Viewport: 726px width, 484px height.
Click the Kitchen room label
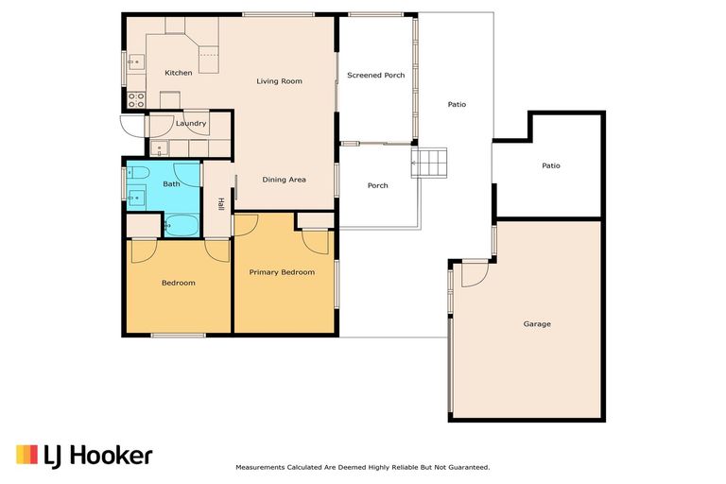[x=179, y=73]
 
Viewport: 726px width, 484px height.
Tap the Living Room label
[x=279, y=81]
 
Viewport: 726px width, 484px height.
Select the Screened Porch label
[x=376, y=75]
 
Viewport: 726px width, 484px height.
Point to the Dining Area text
[x=284, y=180]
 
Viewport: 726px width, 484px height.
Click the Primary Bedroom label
[x=282, y=272]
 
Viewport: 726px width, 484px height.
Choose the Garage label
[x=537, y=324]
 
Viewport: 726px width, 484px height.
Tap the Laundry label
[x=191, y=124]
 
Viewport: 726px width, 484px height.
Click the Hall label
[x=221, y=204]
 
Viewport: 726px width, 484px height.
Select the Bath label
[x=171, y=184]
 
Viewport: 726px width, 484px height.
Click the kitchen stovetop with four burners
[x=136, y=100]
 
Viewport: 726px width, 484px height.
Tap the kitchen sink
[x=136, y=62]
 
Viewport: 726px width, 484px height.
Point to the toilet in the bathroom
[x=137, y=173]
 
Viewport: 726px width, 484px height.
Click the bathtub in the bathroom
[x=181, y=226]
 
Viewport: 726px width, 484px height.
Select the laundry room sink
[x=159, y=148]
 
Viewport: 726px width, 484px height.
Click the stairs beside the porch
[x=429, y=163]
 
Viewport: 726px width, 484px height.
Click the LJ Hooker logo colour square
[x=26, y=455]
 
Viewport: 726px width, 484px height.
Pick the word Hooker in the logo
[x=112, y=457]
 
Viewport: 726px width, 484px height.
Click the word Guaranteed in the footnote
[x=468, y=468]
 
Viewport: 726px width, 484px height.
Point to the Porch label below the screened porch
[x=378, y=185]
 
